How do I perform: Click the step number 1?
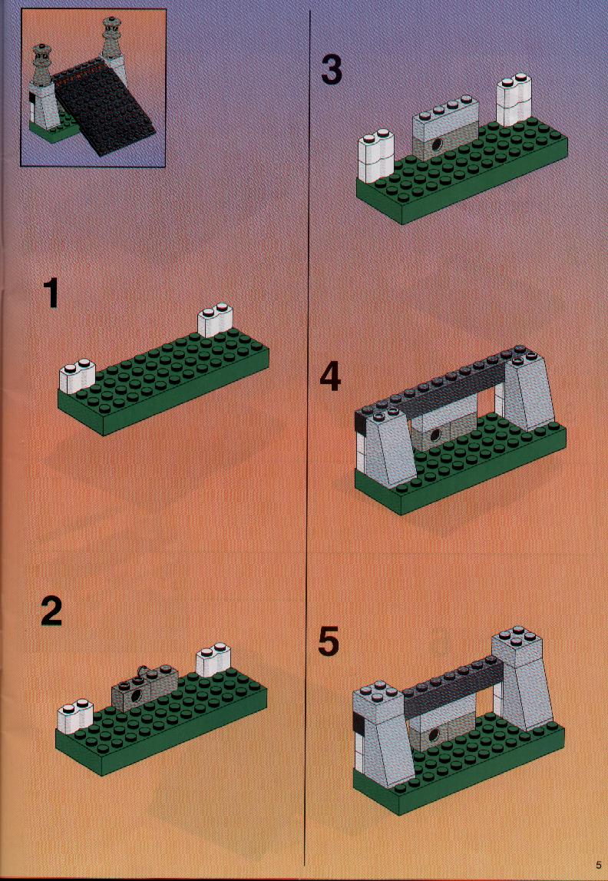[51, 294]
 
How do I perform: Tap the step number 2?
[51, 611]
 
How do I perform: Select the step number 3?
[331, 70]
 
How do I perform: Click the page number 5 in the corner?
[599, 866]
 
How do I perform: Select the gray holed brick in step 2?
[145, 687]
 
